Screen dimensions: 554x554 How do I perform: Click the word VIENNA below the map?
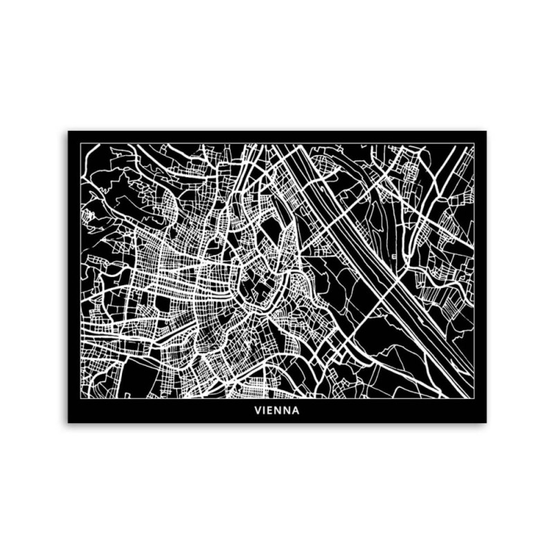[277, 410]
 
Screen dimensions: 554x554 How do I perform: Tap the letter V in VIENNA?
[258, 410]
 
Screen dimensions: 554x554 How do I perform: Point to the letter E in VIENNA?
[271, 410]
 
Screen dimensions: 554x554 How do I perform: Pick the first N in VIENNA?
[279, 410]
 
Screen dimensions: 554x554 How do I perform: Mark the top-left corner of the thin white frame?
[80, 143]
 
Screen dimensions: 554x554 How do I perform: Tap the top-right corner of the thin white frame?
[474, 143]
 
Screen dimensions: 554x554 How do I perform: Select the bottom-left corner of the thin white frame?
[80, 398]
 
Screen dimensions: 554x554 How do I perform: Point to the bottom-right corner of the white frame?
[474, 398]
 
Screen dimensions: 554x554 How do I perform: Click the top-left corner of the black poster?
[68, 131]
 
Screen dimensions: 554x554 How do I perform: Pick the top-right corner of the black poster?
[486, 131]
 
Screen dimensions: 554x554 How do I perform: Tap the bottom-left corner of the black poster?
[68, 422]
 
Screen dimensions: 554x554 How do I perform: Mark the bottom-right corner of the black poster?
[486, 422]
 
